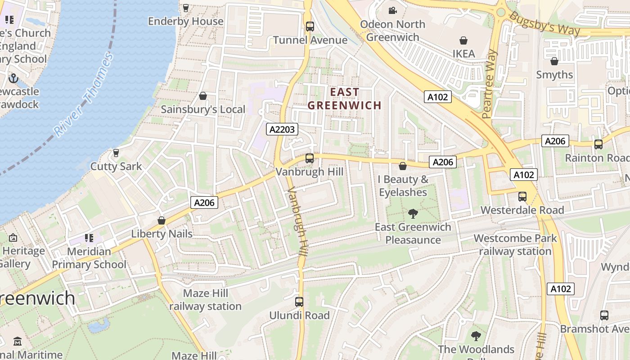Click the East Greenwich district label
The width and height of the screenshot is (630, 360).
click(x=345, y=99)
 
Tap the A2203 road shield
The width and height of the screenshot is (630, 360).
click(x=282, y=130)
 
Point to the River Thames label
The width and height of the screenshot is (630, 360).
click(x=83, y=95)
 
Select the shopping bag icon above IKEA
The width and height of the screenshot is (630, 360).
click(x=463, y=40)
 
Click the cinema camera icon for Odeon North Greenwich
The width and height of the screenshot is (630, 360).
click(x=392, y=10)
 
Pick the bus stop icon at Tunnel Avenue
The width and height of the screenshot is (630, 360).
click(x=310, y=27)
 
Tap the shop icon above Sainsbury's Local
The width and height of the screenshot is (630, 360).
click(x=203, y=96)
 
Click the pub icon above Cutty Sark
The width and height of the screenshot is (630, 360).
click(x=116, y=153)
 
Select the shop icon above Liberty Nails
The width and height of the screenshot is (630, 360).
click(x=162, y=220)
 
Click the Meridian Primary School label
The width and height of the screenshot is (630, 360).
click(x=89, y=258)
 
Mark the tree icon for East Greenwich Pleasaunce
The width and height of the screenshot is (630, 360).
click(x=413, y=214)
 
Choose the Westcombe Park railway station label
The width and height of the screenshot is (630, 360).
click(x=515, y=245)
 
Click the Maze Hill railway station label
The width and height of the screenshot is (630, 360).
click(x=205, y=300)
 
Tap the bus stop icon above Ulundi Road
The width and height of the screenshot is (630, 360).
click(x=299, y=302)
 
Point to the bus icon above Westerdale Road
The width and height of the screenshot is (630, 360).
click(x=522, y=197)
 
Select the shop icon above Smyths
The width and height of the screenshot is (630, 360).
click(x=554, y=61)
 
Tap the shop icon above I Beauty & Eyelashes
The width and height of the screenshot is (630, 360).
click(x=403, y=166)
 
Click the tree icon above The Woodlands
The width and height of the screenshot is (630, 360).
click(x=476, y=336)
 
